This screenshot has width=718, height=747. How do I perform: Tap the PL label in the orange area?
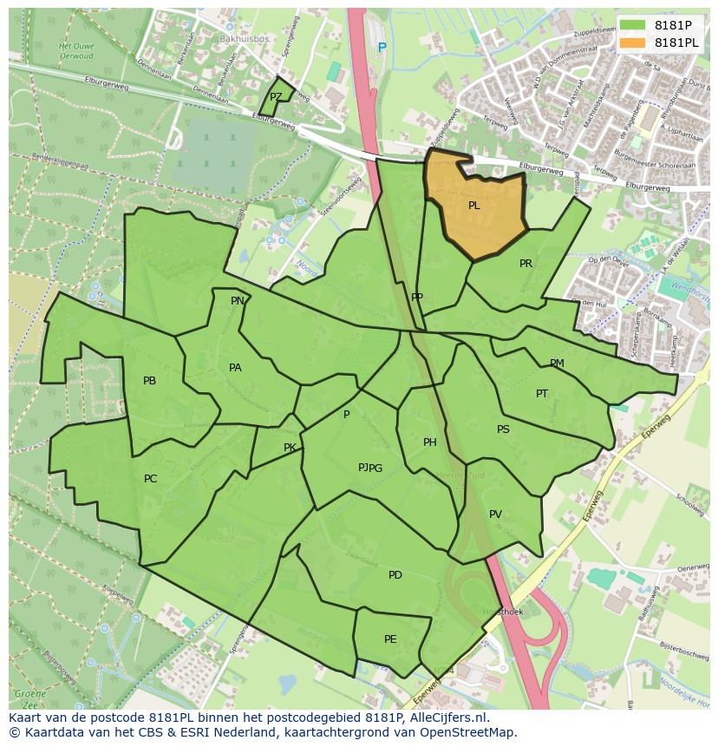[474, 206]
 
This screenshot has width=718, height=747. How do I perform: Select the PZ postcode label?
[276, 97]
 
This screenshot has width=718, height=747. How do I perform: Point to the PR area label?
[525, 264]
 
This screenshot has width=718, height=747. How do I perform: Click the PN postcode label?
[238, 301]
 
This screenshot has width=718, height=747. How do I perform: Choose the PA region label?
[235, 368]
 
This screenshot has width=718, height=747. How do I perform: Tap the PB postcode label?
[149, 381]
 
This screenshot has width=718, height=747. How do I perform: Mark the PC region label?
[151, 479]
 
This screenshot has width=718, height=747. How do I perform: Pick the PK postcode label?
[290, 448]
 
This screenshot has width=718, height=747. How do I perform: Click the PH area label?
[430, 442]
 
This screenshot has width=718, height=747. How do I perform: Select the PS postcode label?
[503, 429]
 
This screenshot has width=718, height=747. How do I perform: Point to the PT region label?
[542, 394]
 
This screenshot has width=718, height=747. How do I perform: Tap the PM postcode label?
[557, 364]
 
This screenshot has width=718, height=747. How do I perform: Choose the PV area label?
[495, 514]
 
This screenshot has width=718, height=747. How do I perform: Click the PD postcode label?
[395, 575]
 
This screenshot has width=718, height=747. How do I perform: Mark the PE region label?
[390, 639]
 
